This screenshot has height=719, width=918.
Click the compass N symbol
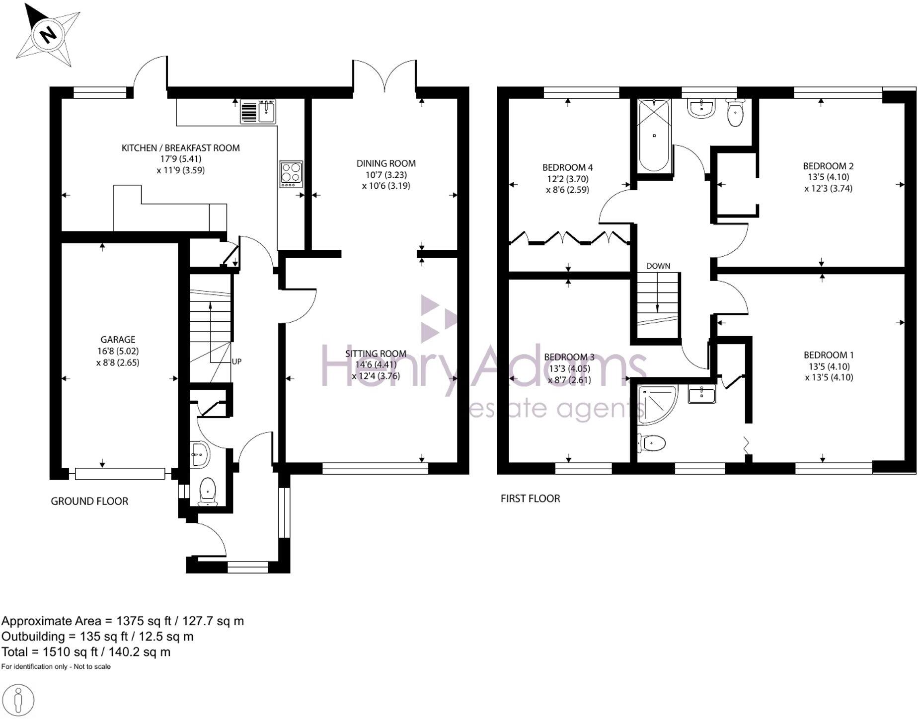tap(48, 35)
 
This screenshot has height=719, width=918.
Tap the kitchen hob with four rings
tap(291, 174)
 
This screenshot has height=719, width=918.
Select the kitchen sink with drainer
tap(258, 111)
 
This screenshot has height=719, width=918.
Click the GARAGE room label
tap(118, 340)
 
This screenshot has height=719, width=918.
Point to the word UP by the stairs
tap(236, 361)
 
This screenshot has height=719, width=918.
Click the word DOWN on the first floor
tap(658, 266)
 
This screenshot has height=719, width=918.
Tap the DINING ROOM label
tap(386, 163)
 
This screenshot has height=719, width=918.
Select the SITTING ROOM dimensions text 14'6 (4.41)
tap(376, 365)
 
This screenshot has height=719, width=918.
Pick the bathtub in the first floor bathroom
tap(654, 136)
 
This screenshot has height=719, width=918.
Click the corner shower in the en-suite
tap(656, 405)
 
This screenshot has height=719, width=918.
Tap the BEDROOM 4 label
tap(567, 167)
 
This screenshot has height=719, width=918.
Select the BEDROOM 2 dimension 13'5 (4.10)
tap(828, 177)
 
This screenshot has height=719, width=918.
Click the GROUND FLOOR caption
tap(89, 502)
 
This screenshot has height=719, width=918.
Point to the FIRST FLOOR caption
tap(530, 499)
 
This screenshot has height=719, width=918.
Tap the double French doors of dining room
tap(384, 77)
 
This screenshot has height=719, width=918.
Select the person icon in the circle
tap(18, 701)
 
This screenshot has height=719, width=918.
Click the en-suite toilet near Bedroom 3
tap(653, 442)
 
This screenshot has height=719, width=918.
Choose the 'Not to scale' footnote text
tap(92, 666)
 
